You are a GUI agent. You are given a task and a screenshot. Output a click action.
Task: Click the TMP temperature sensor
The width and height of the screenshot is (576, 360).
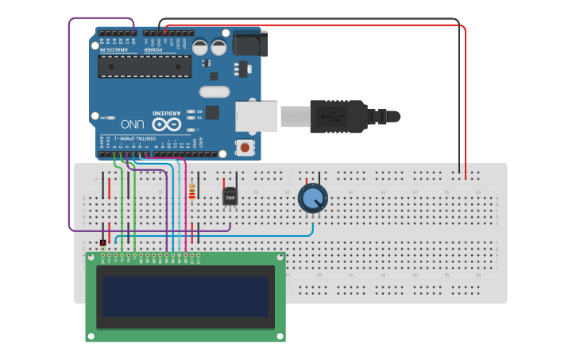(230, 195)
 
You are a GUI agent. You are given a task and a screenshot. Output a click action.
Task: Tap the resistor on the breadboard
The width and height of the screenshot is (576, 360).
(192, 192)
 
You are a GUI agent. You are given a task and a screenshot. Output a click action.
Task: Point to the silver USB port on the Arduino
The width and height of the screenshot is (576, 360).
(257, 116)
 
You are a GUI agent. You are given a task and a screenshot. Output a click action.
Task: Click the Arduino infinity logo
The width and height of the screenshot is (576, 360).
(167, 124)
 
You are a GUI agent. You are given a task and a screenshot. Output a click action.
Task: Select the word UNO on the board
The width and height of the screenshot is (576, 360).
(133, 125)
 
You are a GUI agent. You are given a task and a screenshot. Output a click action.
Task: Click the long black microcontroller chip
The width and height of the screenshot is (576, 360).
(144, 66)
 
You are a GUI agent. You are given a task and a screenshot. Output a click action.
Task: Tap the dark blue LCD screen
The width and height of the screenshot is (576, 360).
(185, 296)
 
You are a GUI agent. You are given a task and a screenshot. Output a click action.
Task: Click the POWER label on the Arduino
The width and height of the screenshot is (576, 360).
(153, 49)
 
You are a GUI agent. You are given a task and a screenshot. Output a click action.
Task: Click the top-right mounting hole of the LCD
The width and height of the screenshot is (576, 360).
(280, 257)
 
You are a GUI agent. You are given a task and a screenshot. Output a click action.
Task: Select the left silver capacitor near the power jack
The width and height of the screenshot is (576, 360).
(200, 47)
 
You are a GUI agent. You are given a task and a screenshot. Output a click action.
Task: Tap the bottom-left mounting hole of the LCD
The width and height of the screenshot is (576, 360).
(91, 336)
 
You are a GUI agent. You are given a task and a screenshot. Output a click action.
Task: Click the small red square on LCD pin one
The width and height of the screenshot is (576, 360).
(102, 242)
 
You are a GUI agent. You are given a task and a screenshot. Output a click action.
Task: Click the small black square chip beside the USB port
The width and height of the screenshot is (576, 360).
(212, 113)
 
